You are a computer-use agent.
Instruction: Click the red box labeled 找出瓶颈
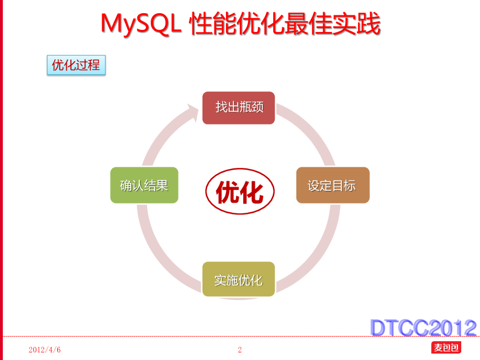[239, 108]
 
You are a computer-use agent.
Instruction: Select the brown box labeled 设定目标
[333, 185]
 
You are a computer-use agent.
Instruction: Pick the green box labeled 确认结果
[144, 185]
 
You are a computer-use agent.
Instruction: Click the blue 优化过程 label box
[76, 65]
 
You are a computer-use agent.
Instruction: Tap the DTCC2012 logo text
[423, 328]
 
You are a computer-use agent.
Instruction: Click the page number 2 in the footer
[240, 350]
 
